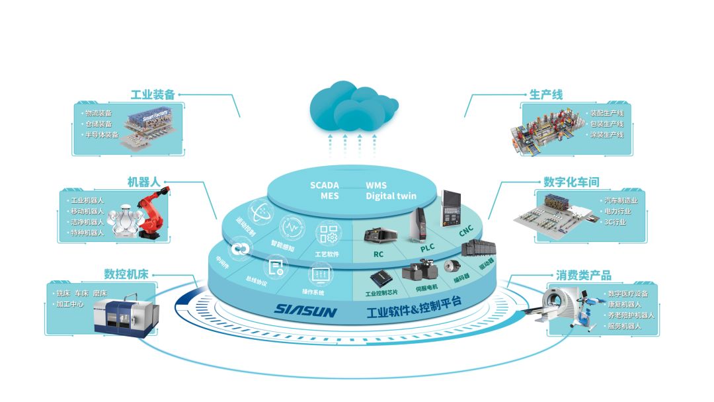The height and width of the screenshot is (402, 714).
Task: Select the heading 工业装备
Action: [153, 95]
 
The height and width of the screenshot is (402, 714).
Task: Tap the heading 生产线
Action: [546, 95]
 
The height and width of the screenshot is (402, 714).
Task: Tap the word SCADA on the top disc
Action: [325, 186]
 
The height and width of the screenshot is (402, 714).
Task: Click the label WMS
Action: [376, 186]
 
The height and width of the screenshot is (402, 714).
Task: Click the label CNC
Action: [467, 233]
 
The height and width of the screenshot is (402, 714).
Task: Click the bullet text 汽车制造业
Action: [620, 200]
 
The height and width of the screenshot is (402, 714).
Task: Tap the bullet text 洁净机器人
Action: [87, 221]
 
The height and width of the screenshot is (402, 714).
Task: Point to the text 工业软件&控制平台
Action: [414, 305]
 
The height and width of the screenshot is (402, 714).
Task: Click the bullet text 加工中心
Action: [68, 304]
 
